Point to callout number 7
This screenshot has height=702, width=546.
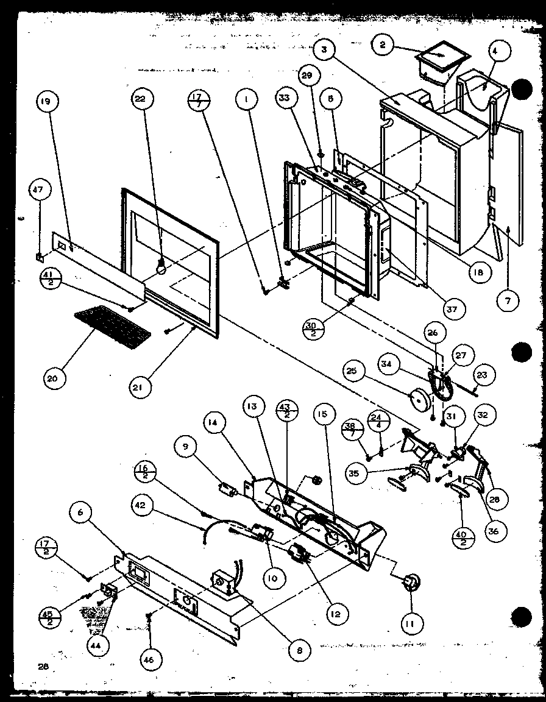(x=508, y=300)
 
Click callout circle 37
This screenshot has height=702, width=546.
(x=452, y=310)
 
